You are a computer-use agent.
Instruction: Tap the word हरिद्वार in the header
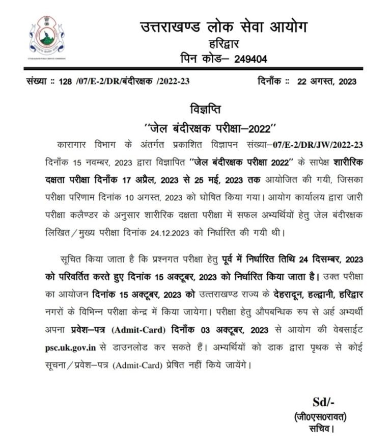point(224,43)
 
